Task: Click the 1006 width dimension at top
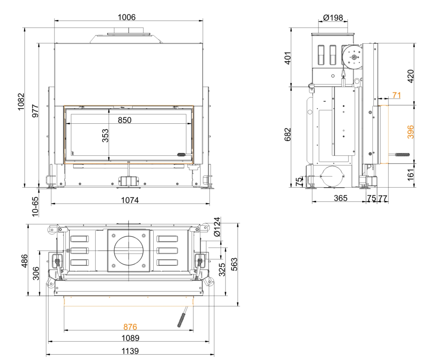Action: (127, 17)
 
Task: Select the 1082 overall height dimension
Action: (21, 102)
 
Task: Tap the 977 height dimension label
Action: (35, 111)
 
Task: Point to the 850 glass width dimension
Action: (125, 120)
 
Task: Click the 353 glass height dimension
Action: (105, 135)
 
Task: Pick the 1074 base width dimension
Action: (130, 200)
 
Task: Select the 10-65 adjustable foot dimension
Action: (35, 206)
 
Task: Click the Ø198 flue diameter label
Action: (333, 17)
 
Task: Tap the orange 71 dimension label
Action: (396, 95)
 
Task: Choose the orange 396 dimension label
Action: (410, 132)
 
